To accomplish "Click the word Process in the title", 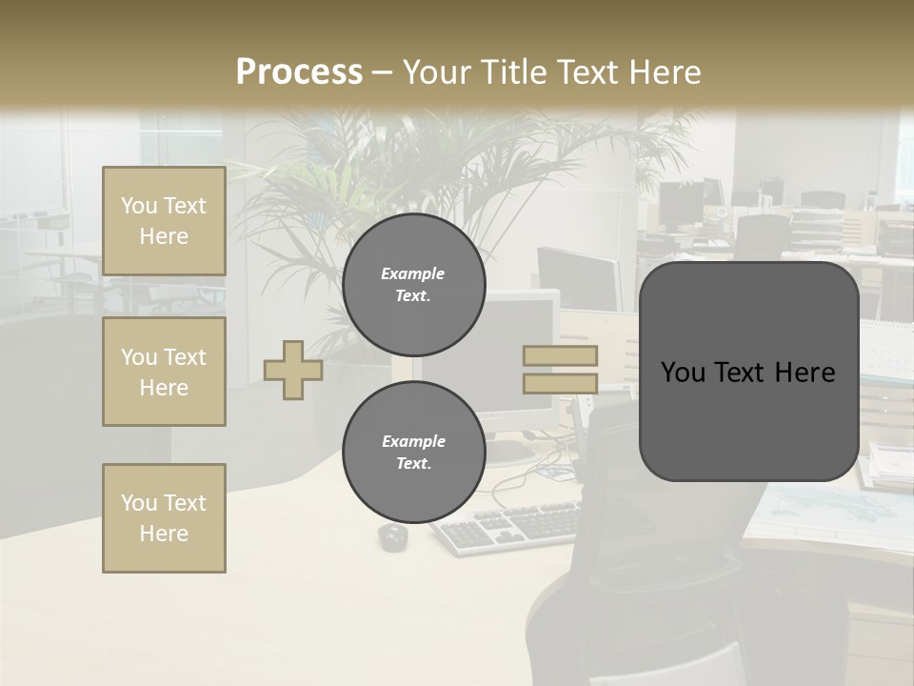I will click(x=299, y=72).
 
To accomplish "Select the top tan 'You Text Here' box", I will click(x=164, y=221).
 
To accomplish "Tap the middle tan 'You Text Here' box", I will click(x=164, y=372).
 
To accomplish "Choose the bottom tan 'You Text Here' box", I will click(x=164, y=518).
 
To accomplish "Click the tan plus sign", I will click(x=293, y=370).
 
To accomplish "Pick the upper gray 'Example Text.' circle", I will click(x=413, y=285).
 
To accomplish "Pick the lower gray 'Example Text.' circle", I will click(x=413, y=452).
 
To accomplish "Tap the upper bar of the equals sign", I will click(x=560, y=356).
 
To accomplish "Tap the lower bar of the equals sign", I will click(x=560, y=384).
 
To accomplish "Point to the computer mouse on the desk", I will click(x=392, y=537).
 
